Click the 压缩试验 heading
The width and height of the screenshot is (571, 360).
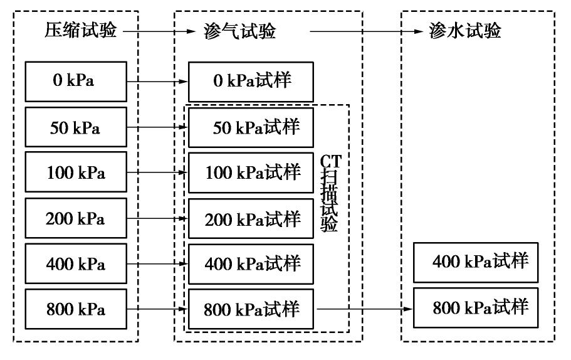(81, 31)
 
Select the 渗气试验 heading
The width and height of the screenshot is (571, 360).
(239, 31)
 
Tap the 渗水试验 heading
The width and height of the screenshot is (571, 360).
(465, 31)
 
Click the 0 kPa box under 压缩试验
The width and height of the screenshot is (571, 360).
(76, 82)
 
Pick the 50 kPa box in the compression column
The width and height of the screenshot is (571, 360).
(76, 127)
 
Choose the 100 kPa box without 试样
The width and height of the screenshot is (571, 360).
(76, 172)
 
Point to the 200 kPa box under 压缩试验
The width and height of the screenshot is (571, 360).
(76, 218)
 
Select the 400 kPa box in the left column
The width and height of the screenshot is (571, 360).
(76, 264)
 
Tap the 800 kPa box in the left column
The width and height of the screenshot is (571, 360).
(76, 309)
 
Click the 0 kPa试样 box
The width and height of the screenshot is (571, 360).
(251, 82)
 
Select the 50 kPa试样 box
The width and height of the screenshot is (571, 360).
(251, 127)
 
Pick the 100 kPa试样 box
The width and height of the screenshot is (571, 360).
(251, 172)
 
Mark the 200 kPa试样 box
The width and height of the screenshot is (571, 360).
(251, 218)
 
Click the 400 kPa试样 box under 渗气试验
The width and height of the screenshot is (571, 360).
(251, 264)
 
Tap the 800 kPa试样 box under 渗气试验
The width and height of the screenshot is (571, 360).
(251, 309)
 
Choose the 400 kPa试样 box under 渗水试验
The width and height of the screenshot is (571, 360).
(476, 262)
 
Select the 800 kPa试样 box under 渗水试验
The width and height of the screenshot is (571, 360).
(476, 308)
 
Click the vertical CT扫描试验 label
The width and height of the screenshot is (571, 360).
(330, 194)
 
